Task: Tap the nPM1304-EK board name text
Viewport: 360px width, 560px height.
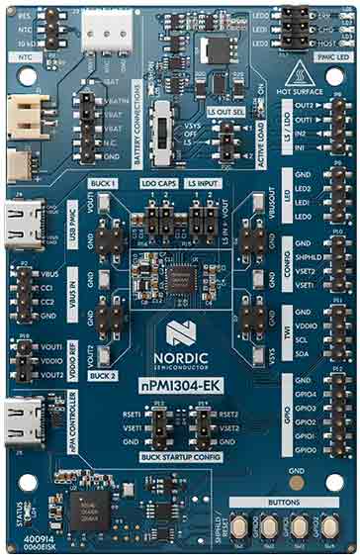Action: (x=179, y=382)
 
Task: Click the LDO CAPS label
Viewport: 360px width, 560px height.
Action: (x=158, y=184)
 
